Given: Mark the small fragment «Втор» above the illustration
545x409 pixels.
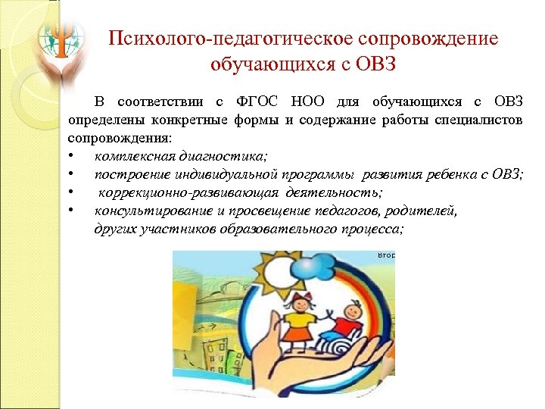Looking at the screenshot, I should (387, 256).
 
